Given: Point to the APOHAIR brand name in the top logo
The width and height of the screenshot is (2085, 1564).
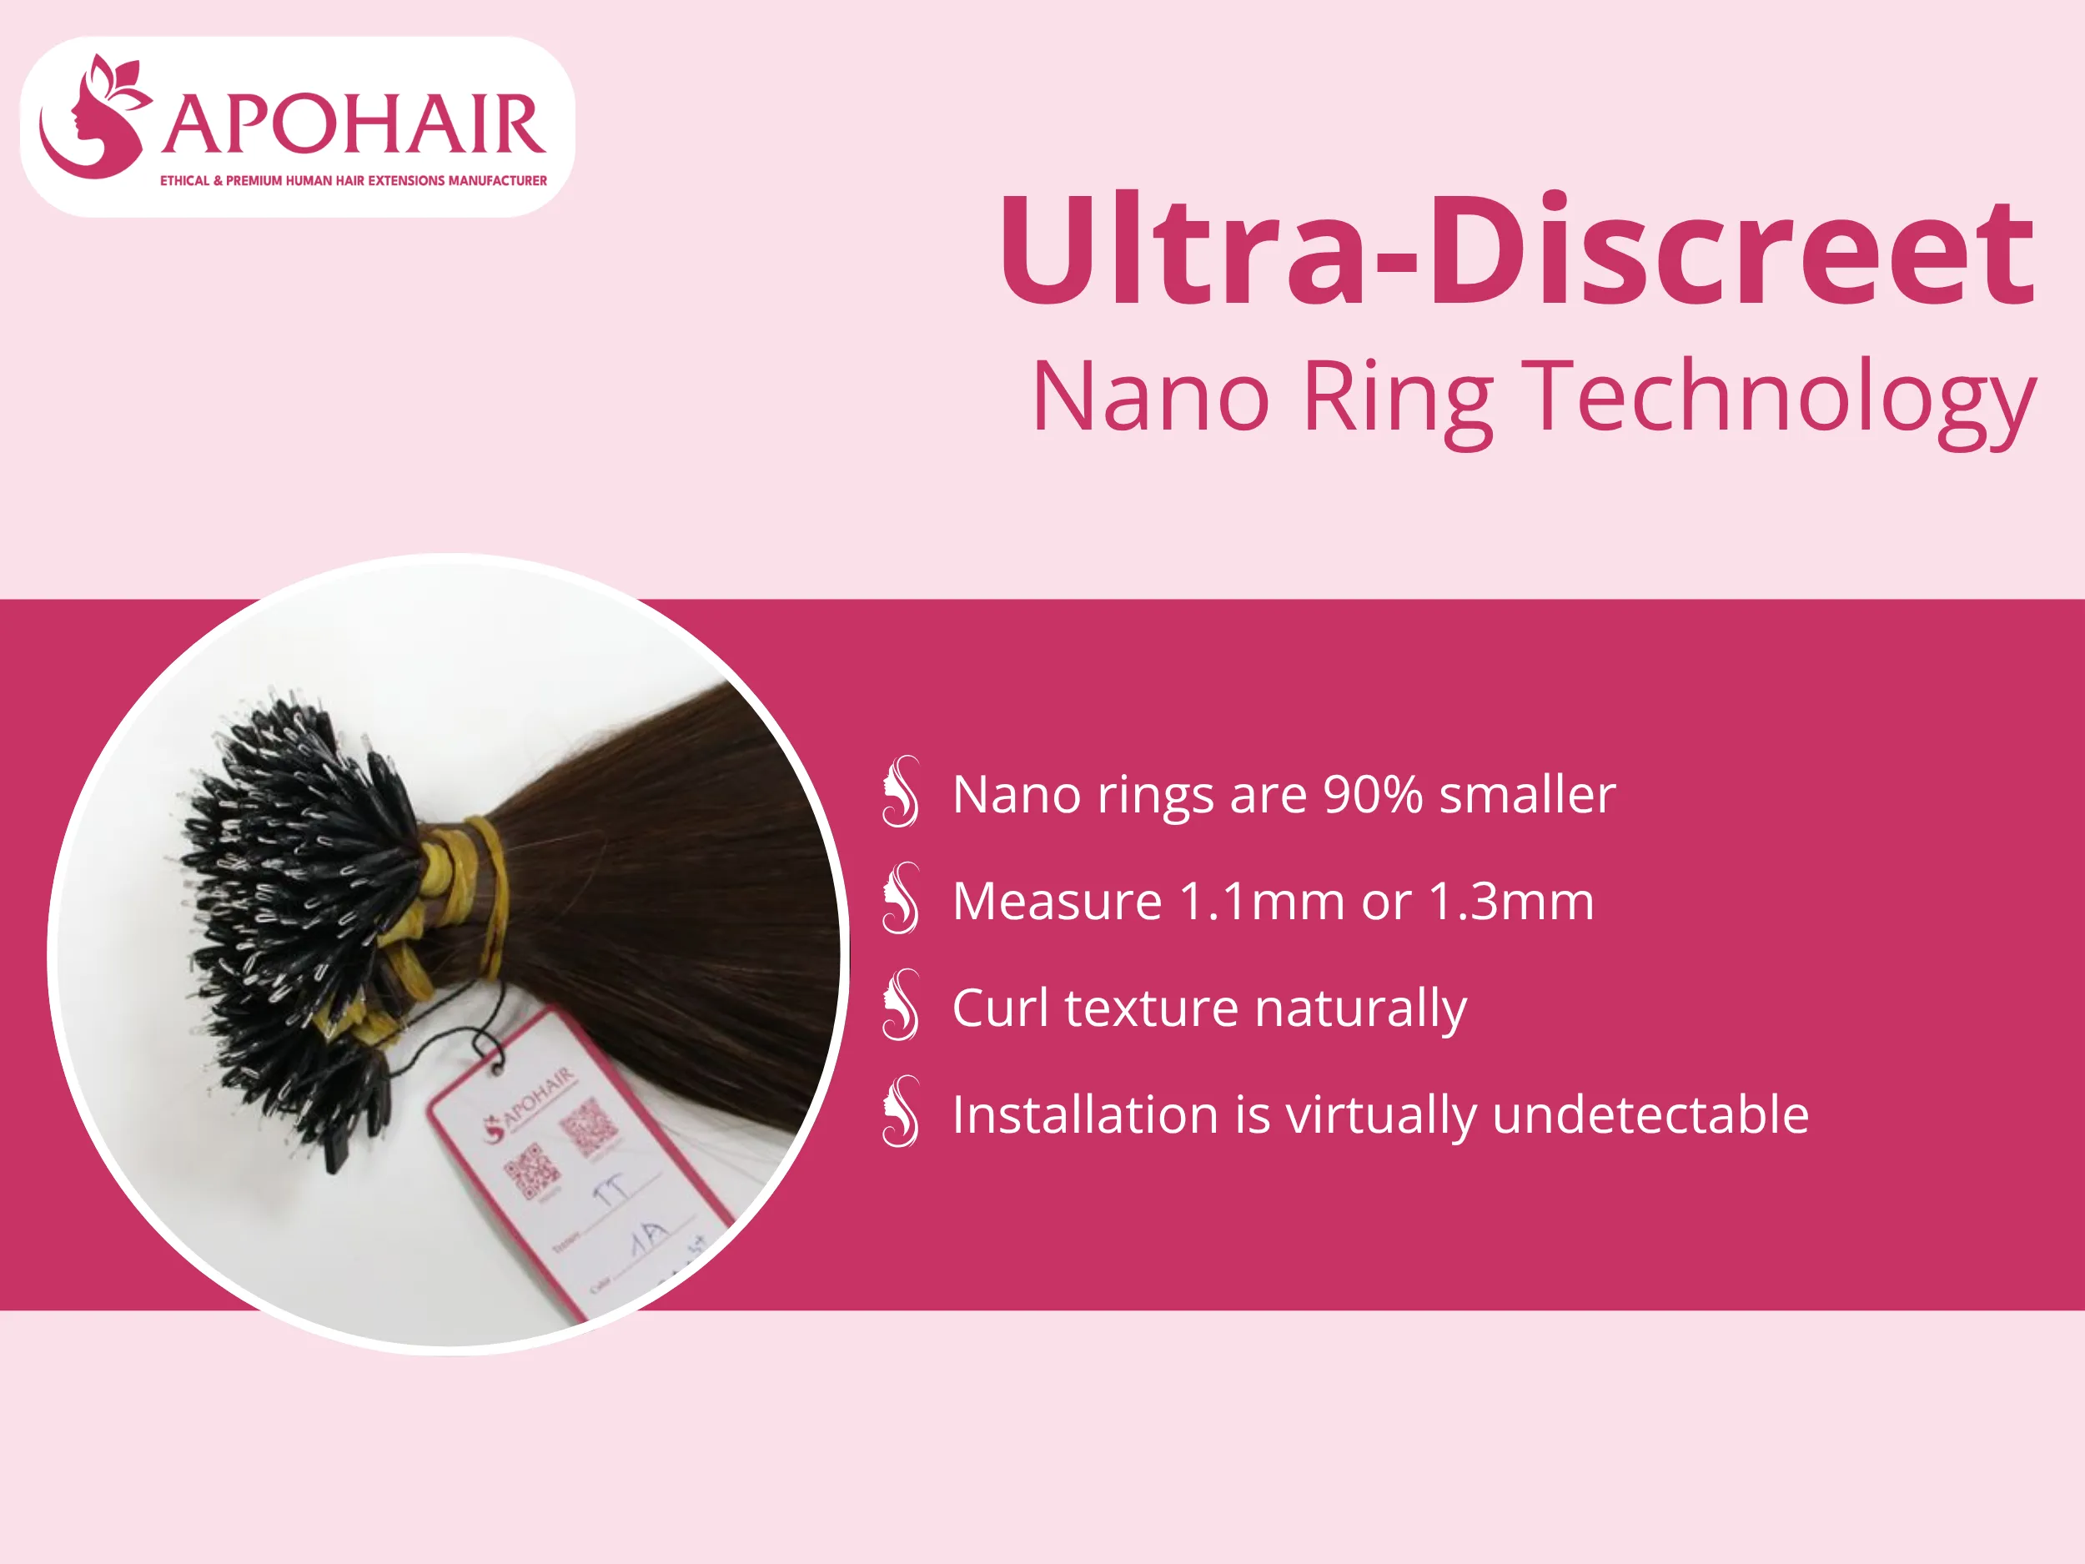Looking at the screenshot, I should pos(354,124).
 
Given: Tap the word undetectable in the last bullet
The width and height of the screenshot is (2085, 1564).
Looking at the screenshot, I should pos(1650,1114).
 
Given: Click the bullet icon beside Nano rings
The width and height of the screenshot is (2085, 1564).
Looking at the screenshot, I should pos(900,792).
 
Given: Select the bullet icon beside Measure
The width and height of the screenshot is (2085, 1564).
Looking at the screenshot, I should pos(900,898).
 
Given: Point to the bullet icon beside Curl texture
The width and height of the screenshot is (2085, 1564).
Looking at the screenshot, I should pos(900,1005).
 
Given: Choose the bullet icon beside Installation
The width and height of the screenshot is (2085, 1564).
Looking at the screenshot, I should pos(900,1112).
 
